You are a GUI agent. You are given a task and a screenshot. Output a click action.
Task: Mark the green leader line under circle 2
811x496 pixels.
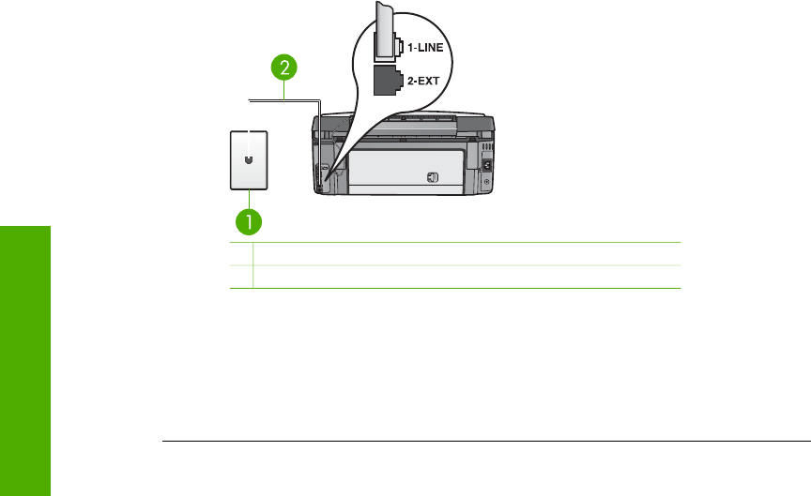(284, 87)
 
